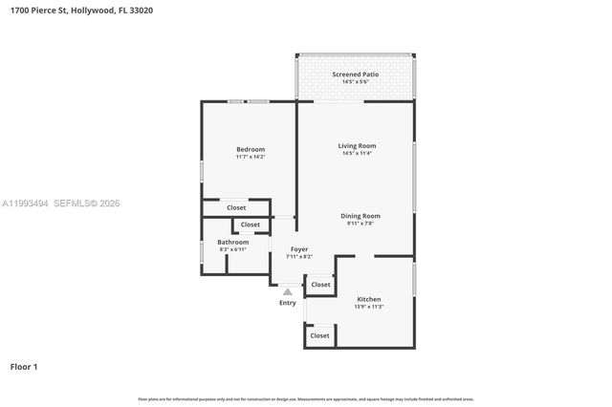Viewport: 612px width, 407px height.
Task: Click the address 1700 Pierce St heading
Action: point(81,11)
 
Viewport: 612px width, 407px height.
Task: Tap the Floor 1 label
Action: point(24,366)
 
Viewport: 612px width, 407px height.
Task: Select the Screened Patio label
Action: point(355,74)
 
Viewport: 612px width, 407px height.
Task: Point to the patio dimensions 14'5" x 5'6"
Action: point(355,82)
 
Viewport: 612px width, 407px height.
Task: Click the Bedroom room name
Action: point(251,149)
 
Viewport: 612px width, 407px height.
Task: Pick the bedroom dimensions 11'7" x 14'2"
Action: point(251,157)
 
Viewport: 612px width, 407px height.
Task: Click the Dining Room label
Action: point(361,216)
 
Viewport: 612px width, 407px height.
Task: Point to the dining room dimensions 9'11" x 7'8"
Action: point(361,224)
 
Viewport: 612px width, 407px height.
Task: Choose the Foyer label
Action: point(299,248)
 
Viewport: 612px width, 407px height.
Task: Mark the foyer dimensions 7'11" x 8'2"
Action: point(299,256)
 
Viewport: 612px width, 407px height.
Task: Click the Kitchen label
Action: point(369,298)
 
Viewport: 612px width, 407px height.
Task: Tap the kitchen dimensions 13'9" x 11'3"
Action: point(369,306)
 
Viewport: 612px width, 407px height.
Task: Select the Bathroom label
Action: point(232,242)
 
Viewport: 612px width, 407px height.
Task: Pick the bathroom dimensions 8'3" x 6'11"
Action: point(232,249)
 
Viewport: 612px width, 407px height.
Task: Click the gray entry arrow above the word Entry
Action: point(288,291)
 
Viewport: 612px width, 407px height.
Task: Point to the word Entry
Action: point(288,303)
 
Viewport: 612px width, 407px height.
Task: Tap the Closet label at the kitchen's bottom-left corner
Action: point(319,335)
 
